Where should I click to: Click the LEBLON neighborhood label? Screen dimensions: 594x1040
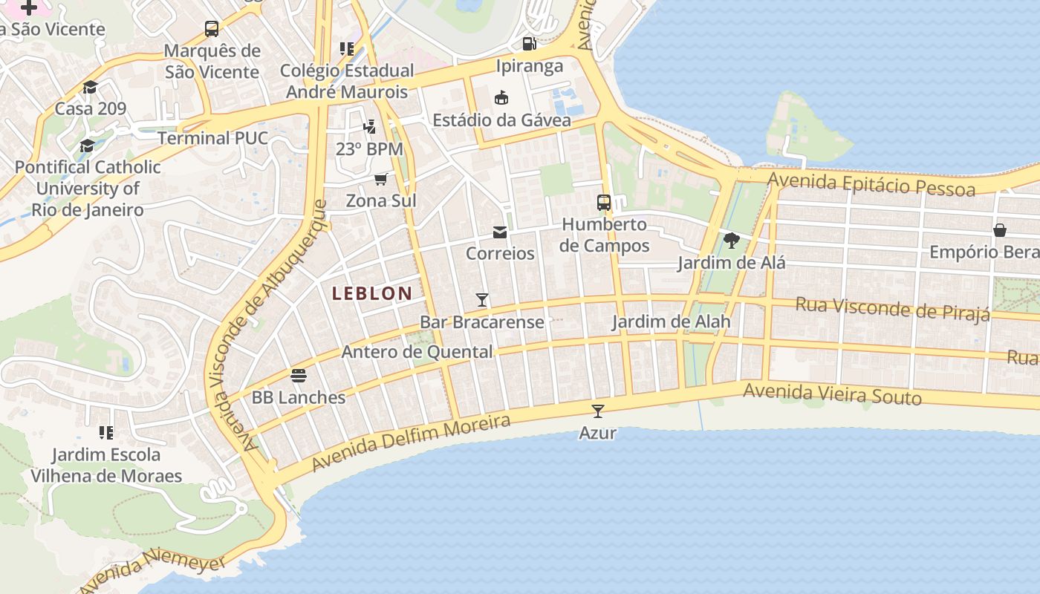(x=371, y=293)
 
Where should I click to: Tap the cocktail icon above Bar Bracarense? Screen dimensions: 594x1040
(x=482, y=300)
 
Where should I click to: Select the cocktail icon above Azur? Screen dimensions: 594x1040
(x=598, y=411)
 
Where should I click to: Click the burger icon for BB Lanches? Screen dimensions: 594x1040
(x=299, y=376)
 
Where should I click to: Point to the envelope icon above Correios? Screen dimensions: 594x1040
(x=500, y=232)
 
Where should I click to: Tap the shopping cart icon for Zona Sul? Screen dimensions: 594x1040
(x=381, y=179)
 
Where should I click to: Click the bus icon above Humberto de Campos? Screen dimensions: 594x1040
(x=604, y=202)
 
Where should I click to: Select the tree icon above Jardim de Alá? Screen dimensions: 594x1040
(x=731, y=240)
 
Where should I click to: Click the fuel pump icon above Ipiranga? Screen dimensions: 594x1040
(x=529, y=44)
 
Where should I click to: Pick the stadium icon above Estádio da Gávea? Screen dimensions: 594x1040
(x=501, y=97)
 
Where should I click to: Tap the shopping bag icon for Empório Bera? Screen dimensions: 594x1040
(x=1000, y=230)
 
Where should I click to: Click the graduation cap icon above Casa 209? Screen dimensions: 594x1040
(x=91, y=87)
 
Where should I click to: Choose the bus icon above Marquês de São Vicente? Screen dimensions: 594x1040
(x=212, y=29)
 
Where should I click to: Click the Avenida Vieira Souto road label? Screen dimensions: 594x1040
(x=832, y=394)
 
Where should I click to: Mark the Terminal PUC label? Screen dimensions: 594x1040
(x=212, y=138)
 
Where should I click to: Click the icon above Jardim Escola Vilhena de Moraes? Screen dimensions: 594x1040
(x=106, y=432)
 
